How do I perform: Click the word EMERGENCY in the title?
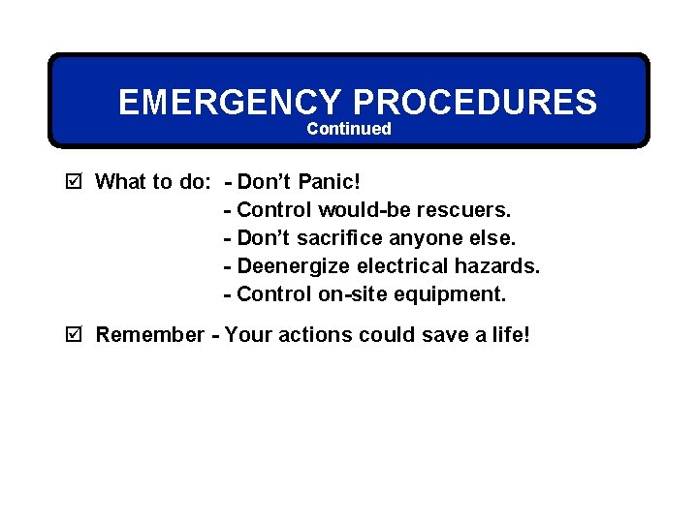230,102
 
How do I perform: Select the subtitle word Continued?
349,129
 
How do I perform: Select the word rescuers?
463,209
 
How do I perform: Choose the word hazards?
497,265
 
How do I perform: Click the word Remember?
150,335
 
